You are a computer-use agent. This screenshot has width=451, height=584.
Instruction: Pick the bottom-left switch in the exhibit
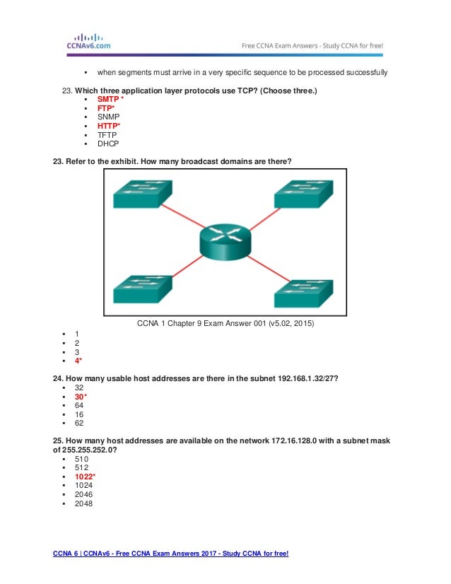(141, 289)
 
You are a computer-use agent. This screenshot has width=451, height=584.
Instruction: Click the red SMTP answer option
(108, 100)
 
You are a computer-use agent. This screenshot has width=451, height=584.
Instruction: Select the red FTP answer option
(105, 108)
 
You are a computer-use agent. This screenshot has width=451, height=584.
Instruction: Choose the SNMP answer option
(108, 117)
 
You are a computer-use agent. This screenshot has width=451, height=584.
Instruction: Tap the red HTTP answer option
(109, 126)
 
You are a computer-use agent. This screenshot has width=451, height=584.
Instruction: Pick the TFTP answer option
(107, 134)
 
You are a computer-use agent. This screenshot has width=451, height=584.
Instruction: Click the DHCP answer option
(108, 143)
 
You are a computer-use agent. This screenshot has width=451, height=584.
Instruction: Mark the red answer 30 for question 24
(81, 397)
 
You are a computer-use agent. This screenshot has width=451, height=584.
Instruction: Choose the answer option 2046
(83, 495)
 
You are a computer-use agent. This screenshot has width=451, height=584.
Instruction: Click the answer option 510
(81, 459)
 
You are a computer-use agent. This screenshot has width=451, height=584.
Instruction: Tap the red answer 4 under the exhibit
(78, 360)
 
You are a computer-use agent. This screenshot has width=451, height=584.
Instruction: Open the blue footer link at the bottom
(171, 552)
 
